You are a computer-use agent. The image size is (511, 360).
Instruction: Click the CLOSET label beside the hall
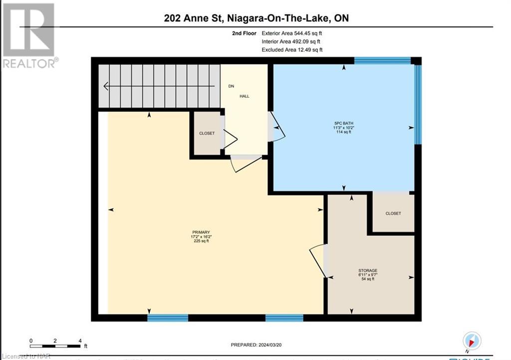pos(207,133)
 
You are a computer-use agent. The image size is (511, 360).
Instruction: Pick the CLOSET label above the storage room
pos(393,213)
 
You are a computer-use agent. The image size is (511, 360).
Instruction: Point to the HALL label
pos(244,96)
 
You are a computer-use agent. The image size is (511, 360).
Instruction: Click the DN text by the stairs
pos(231,86)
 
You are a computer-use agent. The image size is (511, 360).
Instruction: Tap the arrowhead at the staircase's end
pos(106,86)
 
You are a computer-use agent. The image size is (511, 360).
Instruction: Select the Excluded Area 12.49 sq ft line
pos(292,50)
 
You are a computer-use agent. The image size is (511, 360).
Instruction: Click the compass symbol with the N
pos(472,341)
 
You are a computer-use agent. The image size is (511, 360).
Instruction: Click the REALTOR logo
pos(29,35)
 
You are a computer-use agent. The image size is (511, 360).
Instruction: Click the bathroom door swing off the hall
pos(276,128)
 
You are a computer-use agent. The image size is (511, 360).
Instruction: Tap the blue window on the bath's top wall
pos(382,61)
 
